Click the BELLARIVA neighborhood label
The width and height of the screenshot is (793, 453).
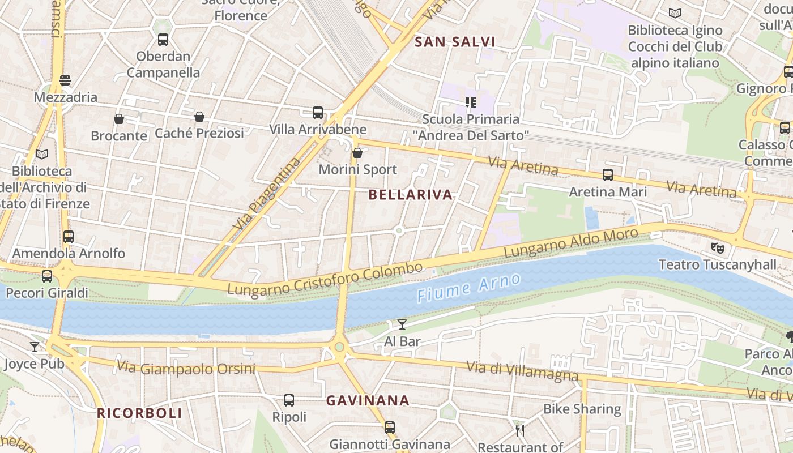click(x=411, y=195)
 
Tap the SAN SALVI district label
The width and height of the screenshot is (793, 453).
click(x=455, y=41)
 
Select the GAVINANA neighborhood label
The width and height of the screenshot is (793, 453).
click(x=368, y=400)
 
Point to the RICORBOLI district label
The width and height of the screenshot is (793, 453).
click(x=139, y=413)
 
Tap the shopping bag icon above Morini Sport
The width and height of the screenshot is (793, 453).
click(x=357, y=153)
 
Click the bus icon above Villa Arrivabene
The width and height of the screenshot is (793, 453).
click(x=318, y=113)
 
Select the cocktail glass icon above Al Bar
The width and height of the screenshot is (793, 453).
click(x=402, y=324)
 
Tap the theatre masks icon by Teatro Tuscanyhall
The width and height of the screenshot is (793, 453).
click(x=718, y=247)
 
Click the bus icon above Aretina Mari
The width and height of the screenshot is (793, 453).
click(x=608, y=175)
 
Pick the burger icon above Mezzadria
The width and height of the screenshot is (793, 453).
click(x=65, y=80)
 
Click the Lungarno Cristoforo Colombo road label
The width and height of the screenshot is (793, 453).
click(x=325, y=278)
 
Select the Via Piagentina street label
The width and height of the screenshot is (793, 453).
click(x=267, y=193)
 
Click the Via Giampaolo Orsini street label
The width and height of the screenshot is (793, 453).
click(x=186, y=368)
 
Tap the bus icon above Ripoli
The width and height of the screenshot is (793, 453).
click(x=289, y=400)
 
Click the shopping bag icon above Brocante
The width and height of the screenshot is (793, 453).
click(x=119, y=119)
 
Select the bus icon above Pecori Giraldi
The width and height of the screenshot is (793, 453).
click(x=47, y=276)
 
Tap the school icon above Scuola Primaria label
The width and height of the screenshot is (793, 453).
click(x=470, y=102)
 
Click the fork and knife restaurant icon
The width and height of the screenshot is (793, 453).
click(x=520, y=430)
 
